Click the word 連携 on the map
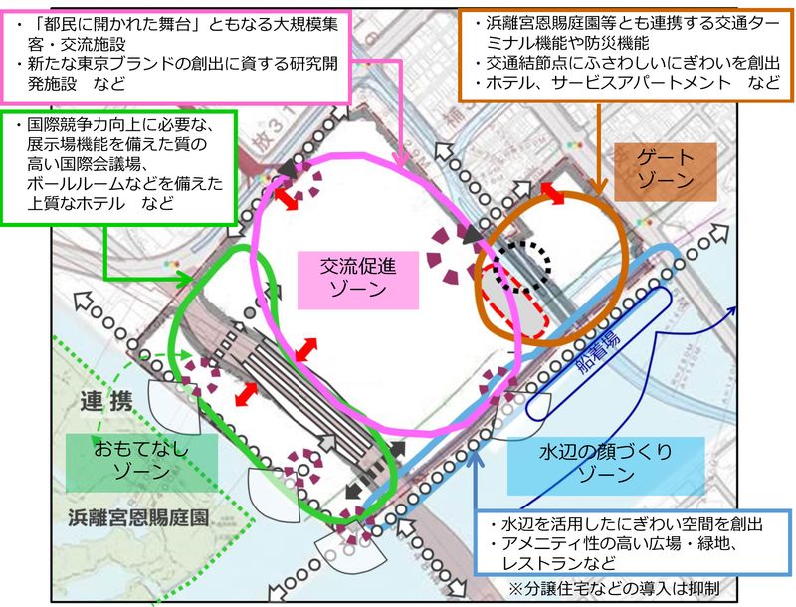106,403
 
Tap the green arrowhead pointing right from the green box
185,279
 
